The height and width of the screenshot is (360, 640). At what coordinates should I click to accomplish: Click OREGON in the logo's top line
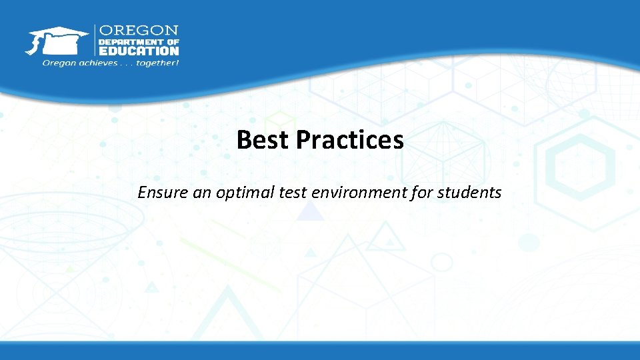[x=139, y=31]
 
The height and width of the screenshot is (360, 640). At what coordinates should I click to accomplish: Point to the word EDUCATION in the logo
[x=139, y=51]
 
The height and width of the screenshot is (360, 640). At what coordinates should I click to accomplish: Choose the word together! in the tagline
[x=157, y=63]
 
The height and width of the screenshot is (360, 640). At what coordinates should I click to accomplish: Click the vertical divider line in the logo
[x=95, y=41]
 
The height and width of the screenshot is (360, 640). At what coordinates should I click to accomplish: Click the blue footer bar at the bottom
[x=320, y=351]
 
